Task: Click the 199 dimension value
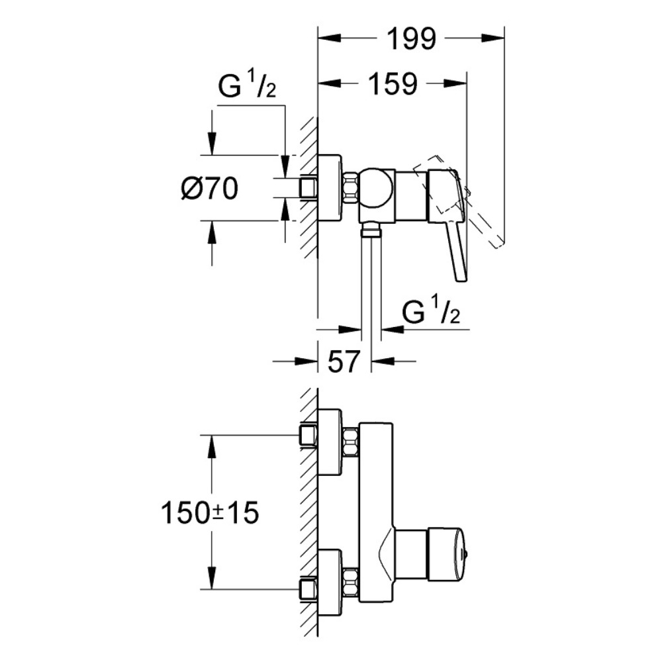point(412,40)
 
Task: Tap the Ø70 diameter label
point(209,190)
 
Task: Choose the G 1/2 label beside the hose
point(431,312)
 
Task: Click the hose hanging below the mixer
point(371,285)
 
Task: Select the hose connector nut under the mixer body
point(371,229)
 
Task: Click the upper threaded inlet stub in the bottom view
point(307,436)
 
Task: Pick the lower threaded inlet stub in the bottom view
point(307,587)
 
